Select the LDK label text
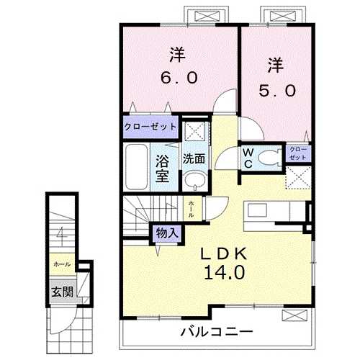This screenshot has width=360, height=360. [x=223, y=254]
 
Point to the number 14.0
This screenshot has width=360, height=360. [x=223, y=274]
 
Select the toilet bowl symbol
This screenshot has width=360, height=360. [x=270, y=158]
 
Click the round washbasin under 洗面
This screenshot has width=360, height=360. [x=192, y=180]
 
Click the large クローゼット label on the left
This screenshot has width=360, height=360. [x=150, y=127]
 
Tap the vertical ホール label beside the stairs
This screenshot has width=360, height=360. [x=191, y=208]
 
